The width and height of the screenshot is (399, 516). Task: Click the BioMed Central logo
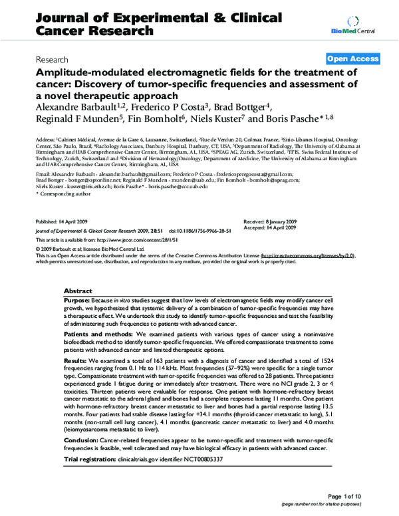click(363, 25)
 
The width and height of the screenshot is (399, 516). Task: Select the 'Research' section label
click(55, 59)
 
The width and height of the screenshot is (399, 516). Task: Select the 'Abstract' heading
click(80, 292)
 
